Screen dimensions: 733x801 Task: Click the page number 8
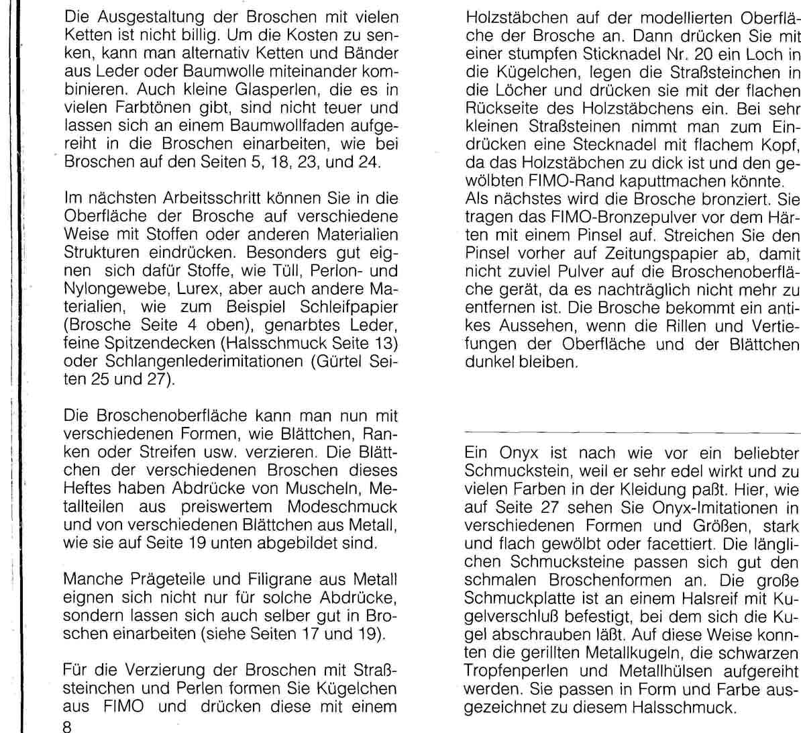(x=66, y=724)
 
